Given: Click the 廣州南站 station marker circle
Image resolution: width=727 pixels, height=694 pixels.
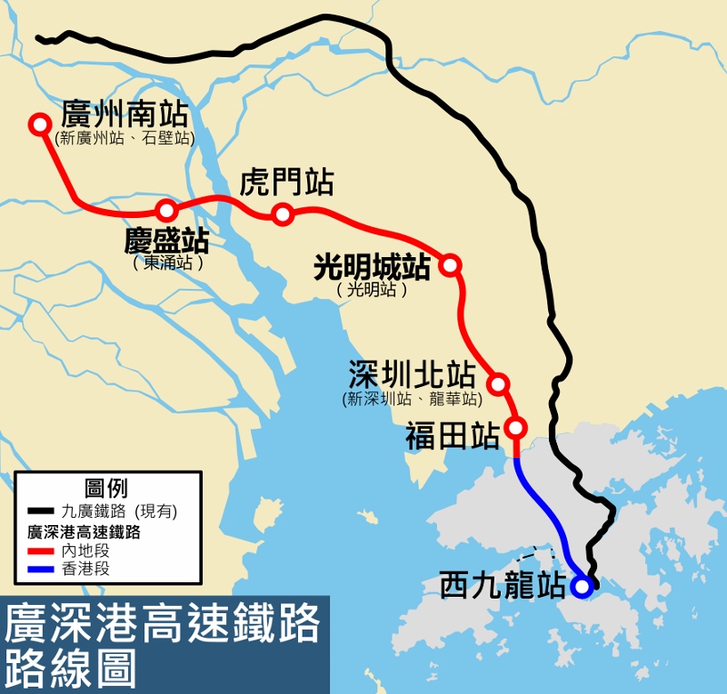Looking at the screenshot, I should point(39,124).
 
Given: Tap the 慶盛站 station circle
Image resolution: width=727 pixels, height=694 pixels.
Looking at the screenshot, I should point(165,211).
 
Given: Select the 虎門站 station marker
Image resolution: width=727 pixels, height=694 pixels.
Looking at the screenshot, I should point(283,214).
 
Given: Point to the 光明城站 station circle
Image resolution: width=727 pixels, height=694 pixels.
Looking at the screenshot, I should point(449,265).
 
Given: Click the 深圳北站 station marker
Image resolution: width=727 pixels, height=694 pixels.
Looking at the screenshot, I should point(498,382).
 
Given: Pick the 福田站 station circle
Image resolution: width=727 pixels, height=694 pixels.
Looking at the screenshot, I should point(516,427).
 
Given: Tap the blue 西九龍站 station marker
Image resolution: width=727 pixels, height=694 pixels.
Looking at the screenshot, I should point(582,587).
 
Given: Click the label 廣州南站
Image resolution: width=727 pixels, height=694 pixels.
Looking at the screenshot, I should point(124,114).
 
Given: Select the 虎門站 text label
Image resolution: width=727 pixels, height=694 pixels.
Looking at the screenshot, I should point(286,183).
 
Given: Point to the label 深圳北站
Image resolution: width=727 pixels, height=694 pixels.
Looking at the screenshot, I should point(412,375).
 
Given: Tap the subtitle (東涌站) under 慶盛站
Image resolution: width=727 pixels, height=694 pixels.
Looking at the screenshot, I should point(168,263).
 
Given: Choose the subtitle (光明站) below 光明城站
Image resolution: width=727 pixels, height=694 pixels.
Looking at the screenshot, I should point(371,290).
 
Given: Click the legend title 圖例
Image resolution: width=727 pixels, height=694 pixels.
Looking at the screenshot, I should point(105,488).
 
